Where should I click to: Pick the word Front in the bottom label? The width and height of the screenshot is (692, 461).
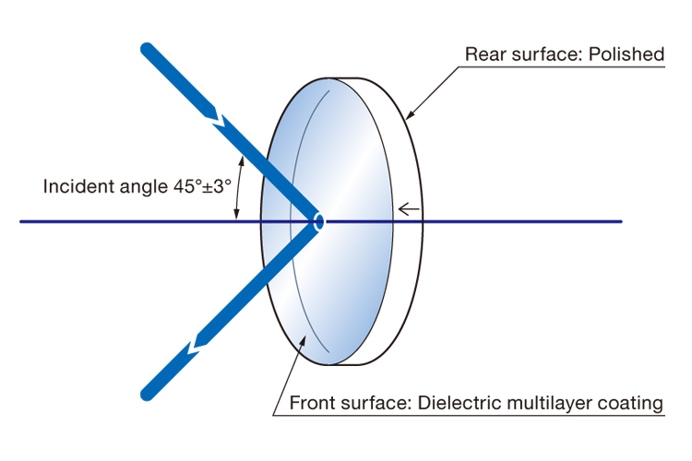311,403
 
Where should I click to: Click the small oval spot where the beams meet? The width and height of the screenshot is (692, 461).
319,221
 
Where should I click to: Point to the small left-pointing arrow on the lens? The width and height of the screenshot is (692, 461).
408,209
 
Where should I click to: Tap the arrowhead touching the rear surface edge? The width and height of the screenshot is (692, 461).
409,115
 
